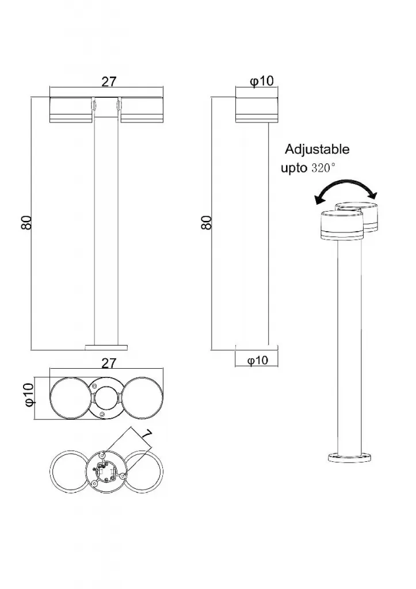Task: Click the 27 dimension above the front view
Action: tap(109, 82)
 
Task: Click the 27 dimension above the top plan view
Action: tap(109, 364)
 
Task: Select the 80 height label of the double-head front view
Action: tap(26, 223)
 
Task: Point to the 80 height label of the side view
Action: tap(207, 223)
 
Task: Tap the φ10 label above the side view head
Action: tap(262, 81)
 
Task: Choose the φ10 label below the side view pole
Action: tap(258, 361)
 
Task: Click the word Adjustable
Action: tap(317, 150)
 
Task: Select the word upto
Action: tap(294, 168)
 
